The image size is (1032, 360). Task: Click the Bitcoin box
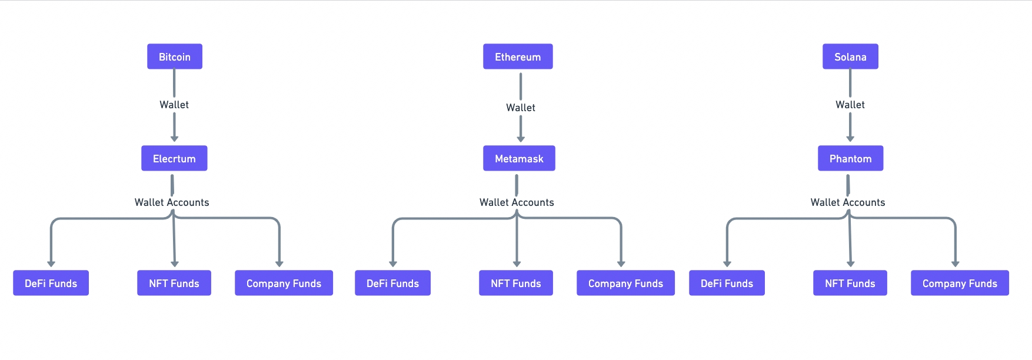pyautogui.click(x=175, y=56)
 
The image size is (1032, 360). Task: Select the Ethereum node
pyautogui.click(x=518, y=56)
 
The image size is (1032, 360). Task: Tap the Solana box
pyautogui.click(x=850, y=56)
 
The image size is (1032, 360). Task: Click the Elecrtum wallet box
pyautogui.click(x=174, y=158)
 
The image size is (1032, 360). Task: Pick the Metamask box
pyautogui.click(x=519, y=158)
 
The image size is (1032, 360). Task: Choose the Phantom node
pyautogui.click(x=850, y=158)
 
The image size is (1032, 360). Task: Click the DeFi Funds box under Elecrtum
pyautogui.click(x=51, y=283)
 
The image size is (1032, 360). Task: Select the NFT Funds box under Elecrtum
pyautogui.click(x=174, y=283)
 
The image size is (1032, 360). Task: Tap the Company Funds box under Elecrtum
pyautogui.click(x=284, y=283)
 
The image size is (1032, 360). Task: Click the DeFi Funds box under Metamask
pyautogui.click(x=392, y=283)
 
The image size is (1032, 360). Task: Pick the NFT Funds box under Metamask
pyautogui.click(x=516, y=283)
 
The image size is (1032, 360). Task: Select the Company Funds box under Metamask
pyautogui.click(x=625, y=283)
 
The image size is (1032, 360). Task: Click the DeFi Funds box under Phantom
pyautogui.click(x=727, y=283)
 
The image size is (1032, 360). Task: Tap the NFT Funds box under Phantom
pyautogui.click(x=850, y=283)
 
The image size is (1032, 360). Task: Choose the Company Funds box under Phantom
pyautogui.click(x=960, y=283)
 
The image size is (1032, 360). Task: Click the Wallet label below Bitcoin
pyautogui.click(x=174, y=105)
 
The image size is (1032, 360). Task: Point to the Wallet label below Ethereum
pyautogui.click(x=521, y=108)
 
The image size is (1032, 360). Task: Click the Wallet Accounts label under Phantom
pyautogui.click(x=847, y=202)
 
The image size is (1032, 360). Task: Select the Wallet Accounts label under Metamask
pyautogui.click(x=517, y=202)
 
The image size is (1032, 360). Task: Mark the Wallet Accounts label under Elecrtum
pyautogui.click(x=172, y=202)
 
